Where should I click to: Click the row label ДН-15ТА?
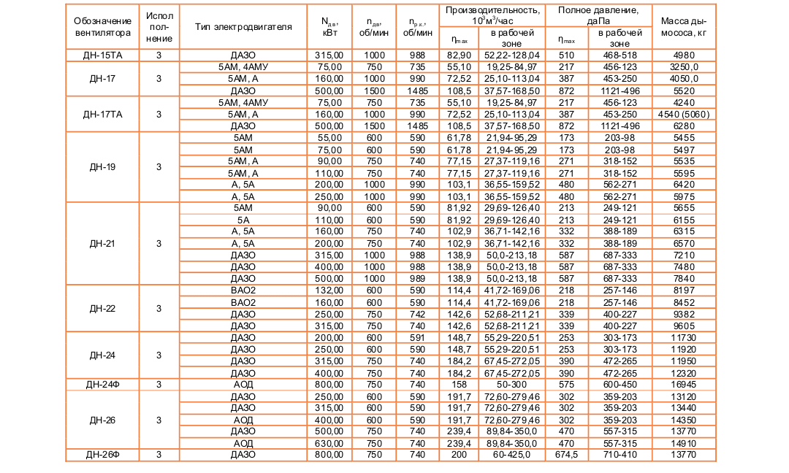(x=102, y=55)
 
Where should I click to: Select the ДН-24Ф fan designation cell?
(x=102, y=383)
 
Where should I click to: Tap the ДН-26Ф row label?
(x=102, y=455)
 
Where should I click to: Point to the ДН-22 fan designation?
(x=102, y=309)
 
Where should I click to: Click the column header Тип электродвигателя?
(x=243, y=27)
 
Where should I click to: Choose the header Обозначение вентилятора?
(x=102, y=27)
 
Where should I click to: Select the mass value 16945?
(x=683, y=383)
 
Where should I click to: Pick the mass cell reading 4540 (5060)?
(x=683, y=115)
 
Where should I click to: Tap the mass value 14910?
(x=683, y=443)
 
